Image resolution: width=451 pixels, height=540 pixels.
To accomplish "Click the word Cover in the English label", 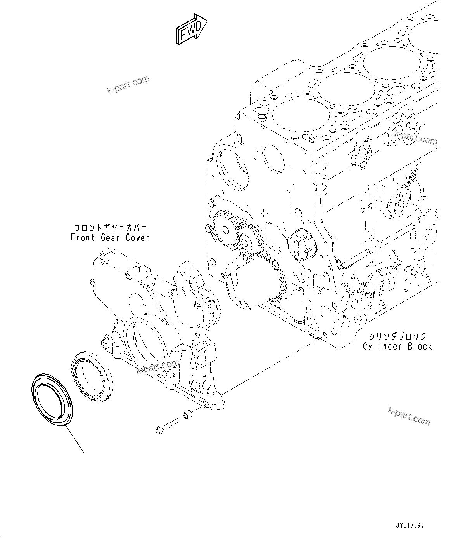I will [x=137, y=237].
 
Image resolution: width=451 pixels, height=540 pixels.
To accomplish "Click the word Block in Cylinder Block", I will [x=420, y=346].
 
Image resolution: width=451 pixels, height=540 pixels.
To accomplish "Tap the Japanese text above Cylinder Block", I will [x=398, y=336].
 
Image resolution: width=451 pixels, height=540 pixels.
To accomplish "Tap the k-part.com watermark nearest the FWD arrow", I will [x=128, y=85].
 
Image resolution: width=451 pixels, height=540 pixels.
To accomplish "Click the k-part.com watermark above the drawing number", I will [x=409, y=416].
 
